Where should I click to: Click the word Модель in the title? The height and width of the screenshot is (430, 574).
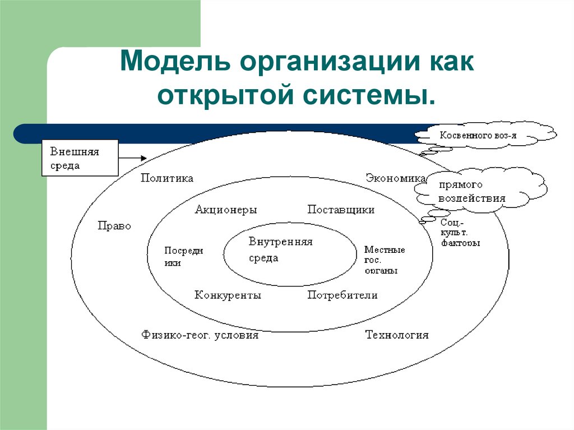175,61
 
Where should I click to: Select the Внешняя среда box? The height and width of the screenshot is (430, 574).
80,158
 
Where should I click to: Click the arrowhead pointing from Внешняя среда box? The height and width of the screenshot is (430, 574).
144,158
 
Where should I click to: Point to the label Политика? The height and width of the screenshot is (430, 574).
167,178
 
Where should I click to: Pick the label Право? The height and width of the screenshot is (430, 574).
114,225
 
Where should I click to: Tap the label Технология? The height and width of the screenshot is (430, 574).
397,335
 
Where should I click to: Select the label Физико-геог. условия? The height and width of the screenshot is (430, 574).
200,335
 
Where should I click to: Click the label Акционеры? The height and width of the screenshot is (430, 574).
226,210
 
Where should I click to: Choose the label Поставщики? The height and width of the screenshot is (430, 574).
341,210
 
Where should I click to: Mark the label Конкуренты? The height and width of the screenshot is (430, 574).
228,295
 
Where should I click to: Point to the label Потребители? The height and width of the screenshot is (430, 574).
342,295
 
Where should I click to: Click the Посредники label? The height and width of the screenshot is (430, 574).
183,256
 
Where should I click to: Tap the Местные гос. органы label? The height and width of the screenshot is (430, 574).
385,260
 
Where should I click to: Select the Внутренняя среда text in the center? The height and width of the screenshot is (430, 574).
280,250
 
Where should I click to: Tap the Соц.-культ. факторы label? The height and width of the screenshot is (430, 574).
460,233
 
